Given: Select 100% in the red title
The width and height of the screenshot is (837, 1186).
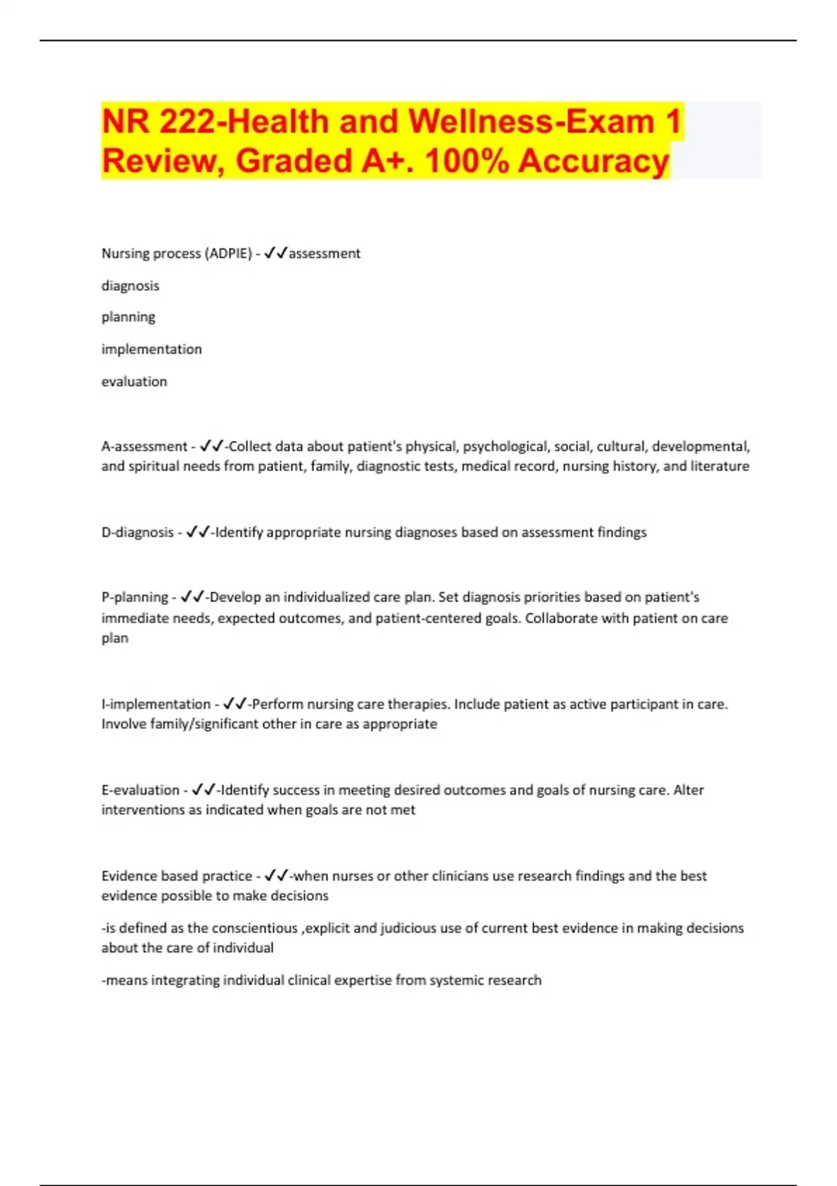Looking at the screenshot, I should pyautogui.click(x=467, y=161).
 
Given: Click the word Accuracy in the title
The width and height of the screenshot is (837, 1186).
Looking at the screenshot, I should pyautogui.click(x=594, y=161).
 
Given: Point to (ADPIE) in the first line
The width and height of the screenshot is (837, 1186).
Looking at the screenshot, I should pyautogui.click(x=228, y=253).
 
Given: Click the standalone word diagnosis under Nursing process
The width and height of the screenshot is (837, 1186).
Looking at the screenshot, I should pyautogui.click(x=130, y=286).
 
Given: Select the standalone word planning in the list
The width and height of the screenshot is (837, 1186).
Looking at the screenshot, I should pyautogui.click(x=128, y=317).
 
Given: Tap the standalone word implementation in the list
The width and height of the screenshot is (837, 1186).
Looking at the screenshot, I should pyautogui.click(x=151, y=350).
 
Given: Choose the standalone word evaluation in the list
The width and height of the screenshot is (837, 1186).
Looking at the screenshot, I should pyautogui.click(x=134, y=382).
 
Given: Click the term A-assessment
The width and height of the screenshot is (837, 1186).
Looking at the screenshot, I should pyautogui.click(x=144, y=446).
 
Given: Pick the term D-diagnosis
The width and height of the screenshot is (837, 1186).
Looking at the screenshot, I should pyautogui.click(x=137, y=532).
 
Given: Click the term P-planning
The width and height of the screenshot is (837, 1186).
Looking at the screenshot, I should pyautogui.click(x=135, y=597).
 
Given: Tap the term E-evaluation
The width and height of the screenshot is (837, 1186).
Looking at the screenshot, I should pyautogui.click(x=140, y=790).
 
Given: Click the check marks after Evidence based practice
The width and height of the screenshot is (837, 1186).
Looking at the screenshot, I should pyautogui.click(x=276, y=876).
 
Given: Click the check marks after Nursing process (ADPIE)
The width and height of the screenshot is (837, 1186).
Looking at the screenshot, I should pyautogui.click(x=276, y=253).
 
